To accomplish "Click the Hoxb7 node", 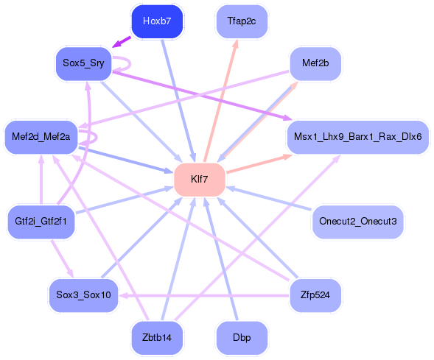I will [156, 21].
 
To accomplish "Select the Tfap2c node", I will [242, 21].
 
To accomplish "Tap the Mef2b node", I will [315, 63].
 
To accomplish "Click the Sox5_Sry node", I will [83, 63].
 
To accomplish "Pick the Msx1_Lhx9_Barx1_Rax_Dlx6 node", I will [357, 136].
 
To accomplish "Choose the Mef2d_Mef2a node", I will [41, 136].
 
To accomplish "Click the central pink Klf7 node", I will [199, 179].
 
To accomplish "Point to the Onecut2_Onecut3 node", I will [357, 221].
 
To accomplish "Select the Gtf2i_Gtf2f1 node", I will [41, 221].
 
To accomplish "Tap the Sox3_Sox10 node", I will [83, 294].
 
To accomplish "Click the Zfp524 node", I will [315, 294].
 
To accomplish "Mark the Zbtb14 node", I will [156, 337].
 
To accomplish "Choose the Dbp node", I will [242, 337].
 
